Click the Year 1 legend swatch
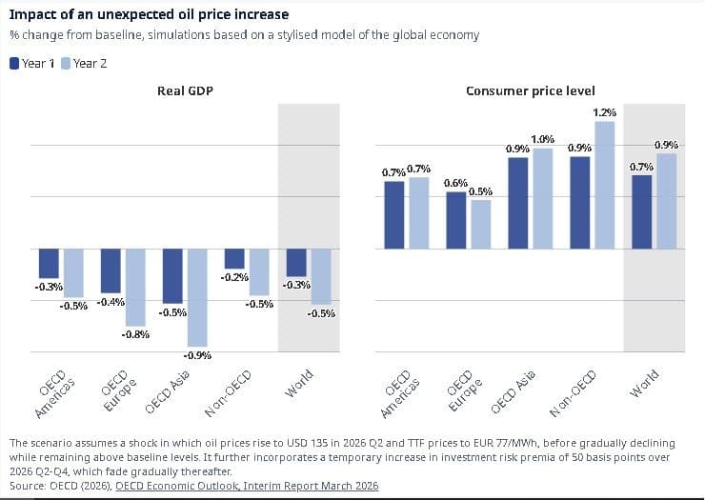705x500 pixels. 14,64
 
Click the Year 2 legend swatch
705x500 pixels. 66,64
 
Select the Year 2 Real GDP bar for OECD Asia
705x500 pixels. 197,297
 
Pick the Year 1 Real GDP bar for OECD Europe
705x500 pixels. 111,270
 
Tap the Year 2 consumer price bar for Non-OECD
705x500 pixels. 605,185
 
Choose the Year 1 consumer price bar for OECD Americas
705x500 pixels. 393,215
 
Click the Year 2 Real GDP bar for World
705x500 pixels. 320,276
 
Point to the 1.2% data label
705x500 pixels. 605,113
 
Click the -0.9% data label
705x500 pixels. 197,355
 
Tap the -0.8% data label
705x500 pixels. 135,334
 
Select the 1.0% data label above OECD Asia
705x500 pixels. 542,140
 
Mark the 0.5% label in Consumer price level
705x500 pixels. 480,191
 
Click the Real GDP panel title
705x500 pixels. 184,91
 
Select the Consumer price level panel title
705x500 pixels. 531,91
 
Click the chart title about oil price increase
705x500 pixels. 151,15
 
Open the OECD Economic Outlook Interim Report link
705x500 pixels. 247,486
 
